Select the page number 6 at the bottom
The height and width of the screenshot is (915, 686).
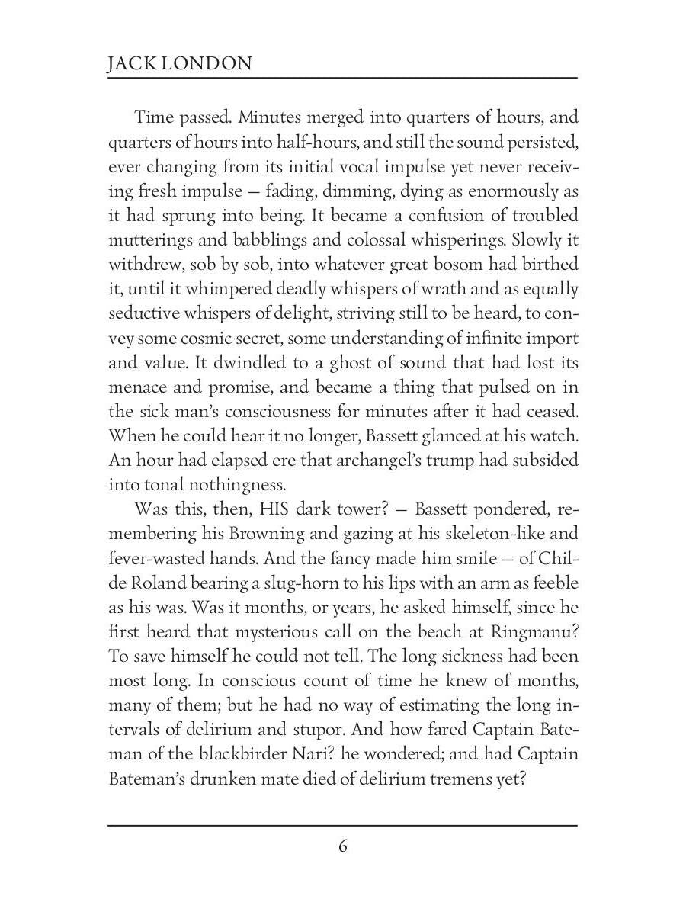click(342, 846)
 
